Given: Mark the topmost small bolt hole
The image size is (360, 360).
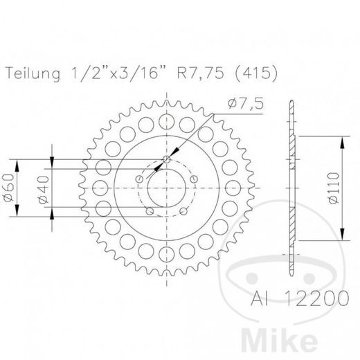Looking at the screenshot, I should [x=166, y=159].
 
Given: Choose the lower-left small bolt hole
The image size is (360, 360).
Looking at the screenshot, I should [x=148, y=213].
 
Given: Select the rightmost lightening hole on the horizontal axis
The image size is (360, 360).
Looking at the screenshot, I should [x=235, y=187].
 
